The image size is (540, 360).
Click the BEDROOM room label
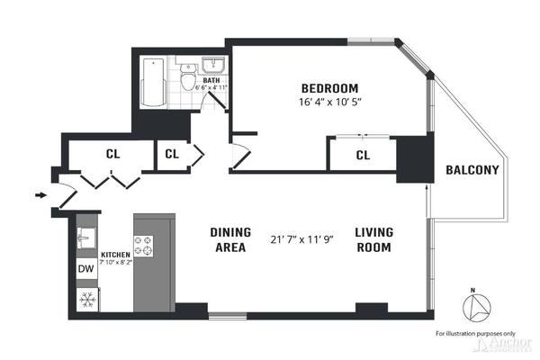click(x=329, y=88)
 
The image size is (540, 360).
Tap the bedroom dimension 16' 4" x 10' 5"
click(x=329, y=103)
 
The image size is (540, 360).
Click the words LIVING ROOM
click(x=373, y=239)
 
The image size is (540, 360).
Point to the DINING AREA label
click(x=230, y=239)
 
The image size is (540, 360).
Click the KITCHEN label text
click(x=116, y=255)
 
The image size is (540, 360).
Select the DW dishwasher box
click(x=86, y=268)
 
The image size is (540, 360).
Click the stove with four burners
click(x=144, y=240)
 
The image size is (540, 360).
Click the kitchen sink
click(x=87, y=238)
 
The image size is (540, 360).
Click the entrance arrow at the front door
click(x=40, y=193)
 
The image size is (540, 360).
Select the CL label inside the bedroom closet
click(x=363, y=156)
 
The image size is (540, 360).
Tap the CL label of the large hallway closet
click(x=112, y=154)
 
